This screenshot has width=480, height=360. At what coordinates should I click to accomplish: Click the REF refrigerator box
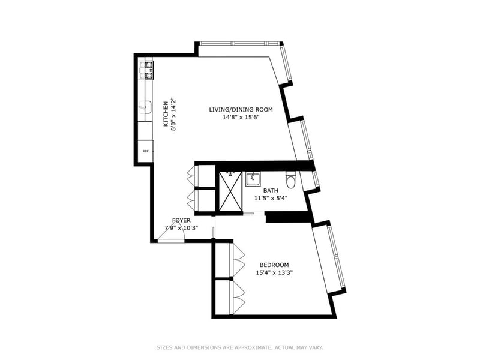[x=145, y=151]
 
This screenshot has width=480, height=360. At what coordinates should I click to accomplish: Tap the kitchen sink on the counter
[x=146, y=107]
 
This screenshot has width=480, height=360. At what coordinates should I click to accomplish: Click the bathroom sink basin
[x=253, y=179]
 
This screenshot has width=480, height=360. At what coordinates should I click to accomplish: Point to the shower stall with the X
[x=230, y=191]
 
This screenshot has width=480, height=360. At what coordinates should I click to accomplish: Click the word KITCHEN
[x=166, y=114]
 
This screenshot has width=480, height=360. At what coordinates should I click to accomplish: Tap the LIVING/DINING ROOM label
[x=241, y=110]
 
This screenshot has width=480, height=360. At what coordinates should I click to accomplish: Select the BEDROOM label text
[x=274, y=265]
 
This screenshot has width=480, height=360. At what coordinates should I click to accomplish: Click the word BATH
[x=271, y=191]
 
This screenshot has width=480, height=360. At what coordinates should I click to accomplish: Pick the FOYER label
[x=181, y=220]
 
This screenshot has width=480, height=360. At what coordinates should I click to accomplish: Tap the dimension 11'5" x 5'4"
[x=271, y=198]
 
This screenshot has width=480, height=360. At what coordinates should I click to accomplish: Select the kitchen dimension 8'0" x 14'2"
[x=173, y=114]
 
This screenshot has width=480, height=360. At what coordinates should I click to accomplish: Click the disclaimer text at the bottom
[x=240, y=347]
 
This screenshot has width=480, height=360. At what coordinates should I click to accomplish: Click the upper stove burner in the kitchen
[x=149, y=65]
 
